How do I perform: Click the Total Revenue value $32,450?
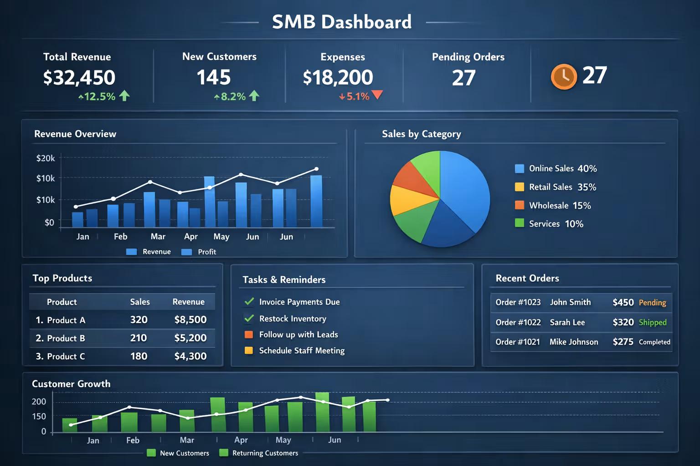point(79,78)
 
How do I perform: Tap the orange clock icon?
point(564,76)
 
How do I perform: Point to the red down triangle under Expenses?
point(377,95)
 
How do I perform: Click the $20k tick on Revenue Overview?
point(46,158)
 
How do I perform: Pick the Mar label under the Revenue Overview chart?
point(158,237)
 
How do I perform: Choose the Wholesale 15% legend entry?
point(560,206)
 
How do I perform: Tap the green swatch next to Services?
point(519,223)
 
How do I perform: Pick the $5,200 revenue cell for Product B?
point(190,338)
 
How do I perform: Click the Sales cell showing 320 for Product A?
point(139,320)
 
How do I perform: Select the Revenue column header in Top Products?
point(188,302)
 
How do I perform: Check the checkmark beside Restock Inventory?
point(249,318)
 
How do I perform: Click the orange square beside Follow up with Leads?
point(249,334)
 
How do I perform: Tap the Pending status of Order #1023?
point(652,303)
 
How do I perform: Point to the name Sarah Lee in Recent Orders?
point(567,323)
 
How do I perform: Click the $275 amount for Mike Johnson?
point(623,342)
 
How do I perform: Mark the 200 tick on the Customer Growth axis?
point(39,401)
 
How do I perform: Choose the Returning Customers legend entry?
point(264,453)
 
